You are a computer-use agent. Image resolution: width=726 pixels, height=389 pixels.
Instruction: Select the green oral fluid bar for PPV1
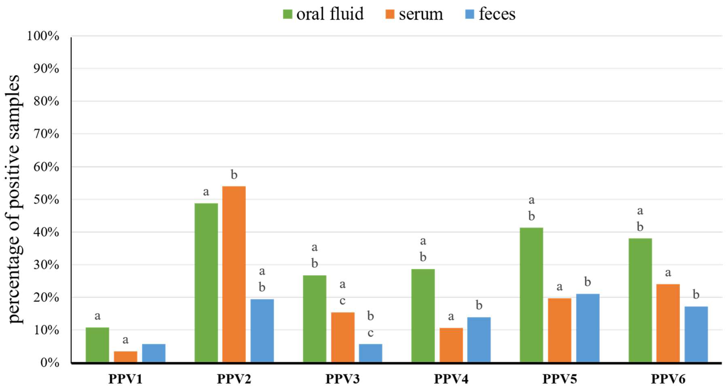(x=97, y=344)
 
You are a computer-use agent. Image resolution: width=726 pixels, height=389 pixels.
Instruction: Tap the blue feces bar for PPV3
(x=370, y=353)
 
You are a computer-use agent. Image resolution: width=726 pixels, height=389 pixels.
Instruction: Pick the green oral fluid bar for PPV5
(x=531, y=295)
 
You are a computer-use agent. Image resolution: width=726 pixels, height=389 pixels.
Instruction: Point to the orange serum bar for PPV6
(x=668, y=323)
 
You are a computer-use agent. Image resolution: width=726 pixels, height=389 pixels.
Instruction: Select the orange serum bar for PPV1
(x=125, y=356)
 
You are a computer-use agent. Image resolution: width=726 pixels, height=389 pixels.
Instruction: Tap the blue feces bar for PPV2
(x=262, y=330)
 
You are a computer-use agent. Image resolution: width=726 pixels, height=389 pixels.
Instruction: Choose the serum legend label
(x=421, y=14)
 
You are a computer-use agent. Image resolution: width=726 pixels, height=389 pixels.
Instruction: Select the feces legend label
(x=497, y=14)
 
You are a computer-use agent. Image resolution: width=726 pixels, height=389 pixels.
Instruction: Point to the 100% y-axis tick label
(x=43, y=36)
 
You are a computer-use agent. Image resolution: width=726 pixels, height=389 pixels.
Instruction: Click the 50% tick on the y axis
(x=47, y=200)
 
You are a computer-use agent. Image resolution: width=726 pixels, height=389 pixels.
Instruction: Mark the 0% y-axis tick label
(x=50, y=362)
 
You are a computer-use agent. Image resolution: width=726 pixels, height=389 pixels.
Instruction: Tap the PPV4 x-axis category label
(x=451, y=379)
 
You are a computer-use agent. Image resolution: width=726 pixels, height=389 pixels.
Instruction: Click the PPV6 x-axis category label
(x=668, y=379)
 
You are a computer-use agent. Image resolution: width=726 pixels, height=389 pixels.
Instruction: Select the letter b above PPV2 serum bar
(x=234, y=175)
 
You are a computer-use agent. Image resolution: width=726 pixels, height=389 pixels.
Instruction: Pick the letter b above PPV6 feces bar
(x=696, y=295)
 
